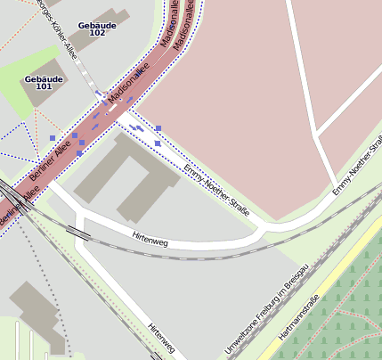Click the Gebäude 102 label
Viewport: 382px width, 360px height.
pos(97,29)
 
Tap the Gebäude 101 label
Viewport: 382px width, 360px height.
pos(44,83)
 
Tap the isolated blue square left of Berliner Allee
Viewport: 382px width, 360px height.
pos(53,138)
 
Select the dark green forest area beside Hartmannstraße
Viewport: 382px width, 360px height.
pos(347,321)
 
